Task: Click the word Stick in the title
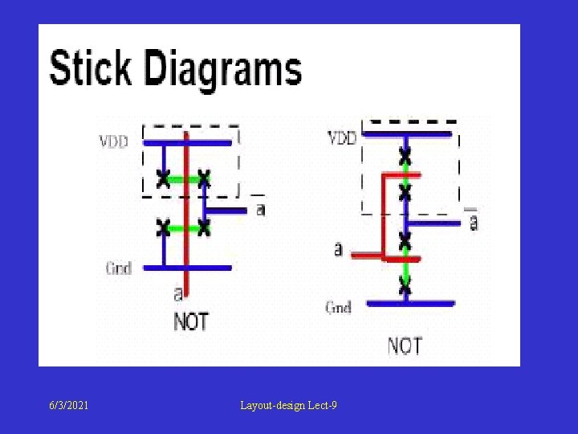pos(90,69)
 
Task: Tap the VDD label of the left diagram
pos(113,142)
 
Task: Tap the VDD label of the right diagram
pos(341,138)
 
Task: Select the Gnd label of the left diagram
pos(118,268)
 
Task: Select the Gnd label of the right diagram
pos(338,306)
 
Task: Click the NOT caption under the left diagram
pos(191,321)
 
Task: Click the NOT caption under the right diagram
pos(405,346)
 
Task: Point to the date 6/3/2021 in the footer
pos(67,406)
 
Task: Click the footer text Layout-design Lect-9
pos(288,406)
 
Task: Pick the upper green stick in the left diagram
pos(184,178)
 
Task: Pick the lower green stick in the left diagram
pos(184,228)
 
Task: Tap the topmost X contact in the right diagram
pos(405,153)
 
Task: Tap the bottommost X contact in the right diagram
pos(405,283)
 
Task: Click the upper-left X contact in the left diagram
pos(163,178)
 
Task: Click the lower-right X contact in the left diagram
pos(204,228)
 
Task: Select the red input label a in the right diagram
pos(338,249)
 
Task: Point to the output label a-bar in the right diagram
pos(473,221)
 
